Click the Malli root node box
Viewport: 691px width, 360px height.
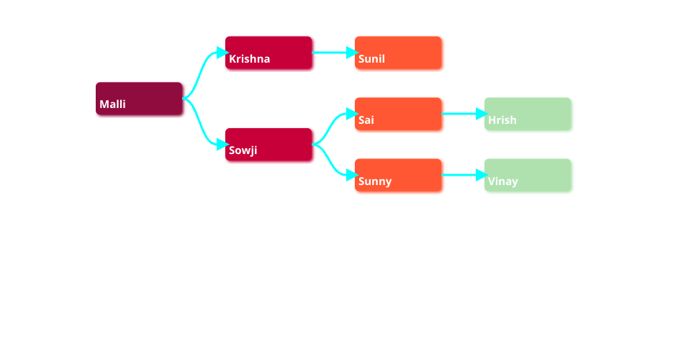[139, 98]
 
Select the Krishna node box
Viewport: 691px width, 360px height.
[268, 52]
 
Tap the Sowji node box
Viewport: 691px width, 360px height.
[268, 144]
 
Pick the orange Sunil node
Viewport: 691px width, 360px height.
[398, 52]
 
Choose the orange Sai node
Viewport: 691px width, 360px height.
[398, 113]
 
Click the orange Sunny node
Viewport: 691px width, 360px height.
[398, 174]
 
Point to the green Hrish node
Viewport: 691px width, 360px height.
[528, 113]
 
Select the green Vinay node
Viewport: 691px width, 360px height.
[528, 174]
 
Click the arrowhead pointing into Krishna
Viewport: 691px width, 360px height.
[222, 53]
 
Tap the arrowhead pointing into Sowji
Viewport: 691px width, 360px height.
[222, 145]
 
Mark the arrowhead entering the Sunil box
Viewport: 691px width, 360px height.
[351, 53]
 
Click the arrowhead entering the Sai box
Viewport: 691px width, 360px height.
[351, 114]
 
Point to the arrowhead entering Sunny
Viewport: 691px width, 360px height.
[351, 175]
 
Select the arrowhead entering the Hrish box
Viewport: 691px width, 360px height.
[481, 114]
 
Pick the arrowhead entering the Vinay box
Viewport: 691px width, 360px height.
[481, 175]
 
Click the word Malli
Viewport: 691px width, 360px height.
[112, 104]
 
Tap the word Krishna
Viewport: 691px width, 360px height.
[249, 59]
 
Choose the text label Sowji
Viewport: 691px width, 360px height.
[243, 151]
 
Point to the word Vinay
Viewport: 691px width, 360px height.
[502, 181]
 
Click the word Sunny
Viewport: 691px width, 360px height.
[374, 181]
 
